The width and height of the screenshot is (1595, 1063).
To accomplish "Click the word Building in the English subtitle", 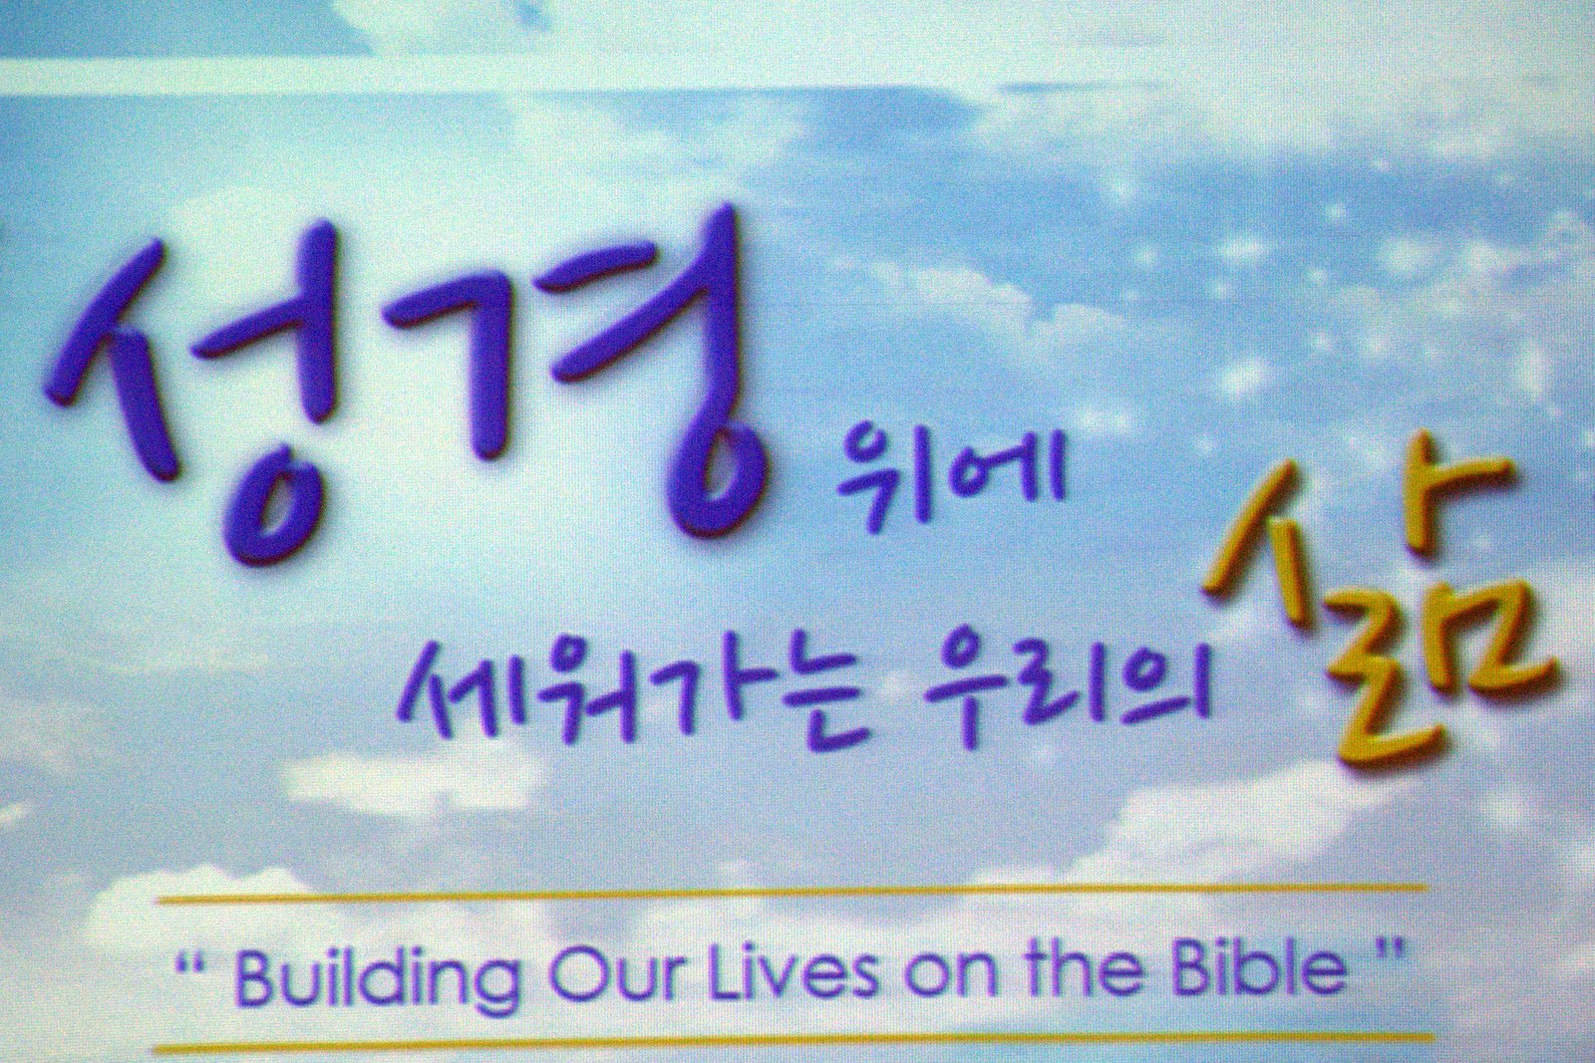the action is [x=375, y=979].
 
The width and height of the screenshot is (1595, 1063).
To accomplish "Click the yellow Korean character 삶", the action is [x=1378, y=612].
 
